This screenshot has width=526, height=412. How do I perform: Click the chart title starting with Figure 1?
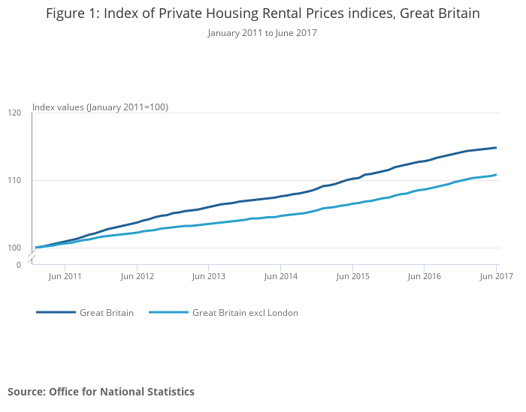(x=262, y=14)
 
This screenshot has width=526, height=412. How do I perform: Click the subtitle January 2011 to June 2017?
(x=262, y=33)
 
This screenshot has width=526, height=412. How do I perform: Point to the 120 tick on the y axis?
(x=14, y=113)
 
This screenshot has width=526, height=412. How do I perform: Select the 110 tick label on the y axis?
(x=14, y=181)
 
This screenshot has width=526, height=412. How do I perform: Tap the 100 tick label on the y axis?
(x=14, y=248)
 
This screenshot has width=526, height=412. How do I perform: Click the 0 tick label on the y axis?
(x=18, y=265)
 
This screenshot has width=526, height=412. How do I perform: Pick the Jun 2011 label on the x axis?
(x=65, y=277)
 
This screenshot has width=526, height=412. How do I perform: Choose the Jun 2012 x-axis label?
(x=137, y=277)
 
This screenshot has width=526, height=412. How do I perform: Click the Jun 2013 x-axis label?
(x=208, y=277)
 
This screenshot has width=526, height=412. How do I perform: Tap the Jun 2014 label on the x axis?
(x=280, y=277)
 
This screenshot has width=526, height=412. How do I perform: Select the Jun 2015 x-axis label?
(x=352, y=277)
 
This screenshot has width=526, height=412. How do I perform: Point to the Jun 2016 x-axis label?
(x=424, y=277)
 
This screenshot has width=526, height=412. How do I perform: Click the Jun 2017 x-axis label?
(x=496, y=277)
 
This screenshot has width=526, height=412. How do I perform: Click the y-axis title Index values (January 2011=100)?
(x=100, y=107)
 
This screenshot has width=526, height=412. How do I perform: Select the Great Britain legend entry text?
(x=107, y=313)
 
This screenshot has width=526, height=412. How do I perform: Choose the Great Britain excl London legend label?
(x=245, y=313)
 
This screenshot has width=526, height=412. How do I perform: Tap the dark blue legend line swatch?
(x=56, y=313)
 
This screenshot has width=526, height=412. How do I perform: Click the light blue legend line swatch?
(x=168, y=313)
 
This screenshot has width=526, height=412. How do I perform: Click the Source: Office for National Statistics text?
(x=101, y=392)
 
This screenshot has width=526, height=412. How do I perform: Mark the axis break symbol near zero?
(x=32, y=258)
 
